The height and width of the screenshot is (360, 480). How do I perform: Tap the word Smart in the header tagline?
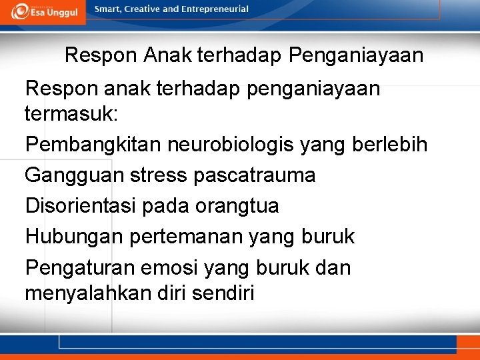tap(109, 9)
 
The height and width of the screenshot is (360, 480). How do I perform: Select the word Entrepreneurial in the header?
tap(215, 9)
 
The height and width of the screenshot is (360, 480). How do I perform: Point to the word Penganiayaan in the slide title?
tap(356, 55)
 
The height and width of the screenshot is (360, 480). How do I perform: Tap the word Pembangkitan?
tap(93, 145)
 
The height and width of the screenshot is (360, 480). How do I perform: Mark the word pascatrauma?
tap(255, 175)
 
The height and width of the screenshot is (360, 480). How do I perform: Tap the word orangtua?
tap(237, 206)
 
